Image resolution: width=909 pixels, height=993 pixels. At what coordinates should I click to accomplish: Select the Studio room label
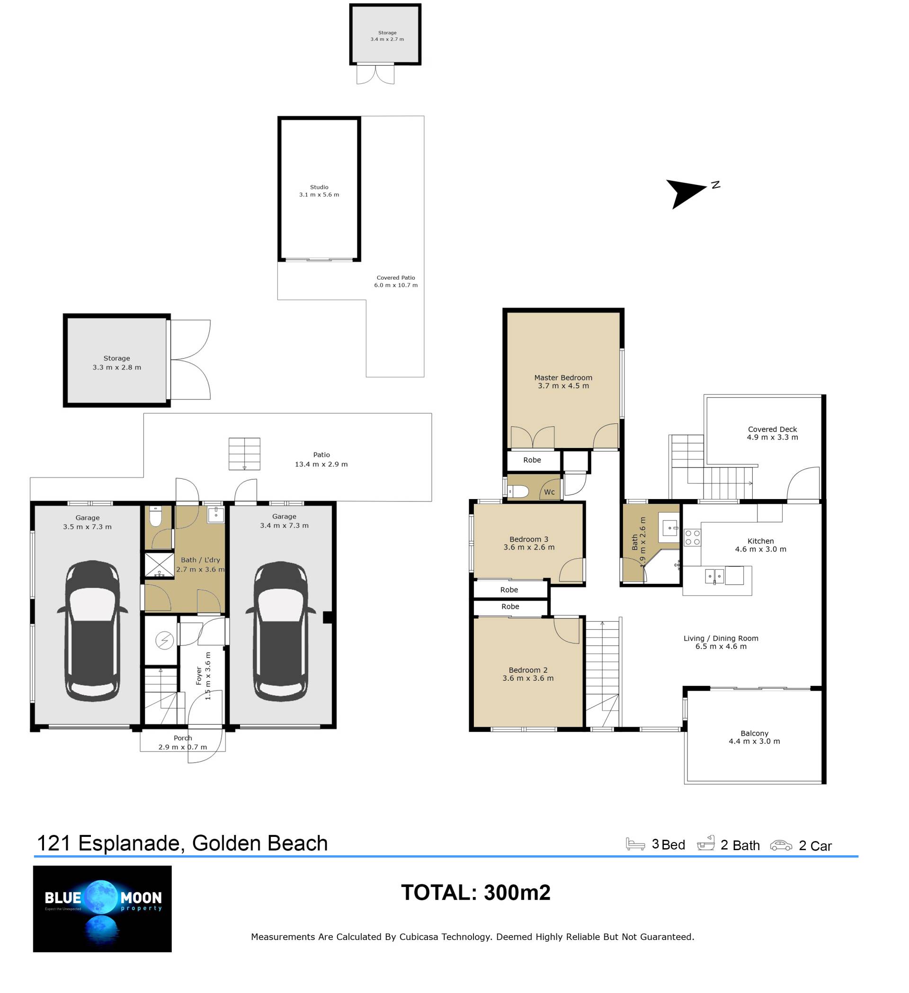pyautogui.click(x=319, y=187)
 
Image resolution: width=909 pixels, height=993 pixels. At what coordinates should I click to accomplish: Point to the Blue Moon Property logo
pyautogui.click(x=103, y=909)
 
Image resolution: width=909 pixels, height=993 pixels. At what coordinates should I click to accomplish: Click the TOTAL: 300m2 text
pyautogui.click(x=476, y=893)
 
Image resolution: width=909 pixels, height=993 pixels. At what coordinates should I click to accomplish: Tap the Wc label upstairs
pyautogui.click(x=549, y=492)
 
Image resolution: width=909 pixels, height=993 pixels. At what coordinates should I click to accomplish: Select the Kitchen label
pyautogui.click(x=760, y=541)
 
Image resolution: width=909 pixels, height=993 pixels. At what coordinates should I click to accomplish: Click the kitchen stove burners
pyautogui.click(x=692, y=537)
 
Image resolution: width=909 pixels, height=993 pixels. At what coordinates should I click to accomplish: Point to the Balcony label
pyautogui.click(x=754, y=733)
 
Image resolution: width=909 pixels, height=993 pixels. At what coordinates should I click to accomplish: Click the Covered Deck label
pyautogui.click(x=772, y=429)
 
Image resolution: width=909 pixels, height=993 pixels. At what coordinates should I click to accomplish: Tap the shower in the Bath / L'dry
pyautogui.click(x=159, y=565)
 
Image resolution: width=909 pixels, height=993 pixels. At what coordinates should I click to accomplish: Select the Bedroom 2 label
pyautogui.click(x=528, y=670)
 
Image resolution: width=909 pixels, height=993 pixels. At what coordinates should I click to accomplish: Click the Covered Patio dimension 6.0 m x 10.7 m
pyautogui.click(x=395, y=285)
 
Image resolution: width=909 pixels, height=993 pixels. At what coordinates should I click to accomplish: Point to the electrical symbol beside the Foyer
pyautogui.click(x=165, y=641)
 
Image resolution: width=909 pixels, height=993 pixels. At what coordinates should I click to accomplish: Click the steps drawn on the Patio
pyautogui.click(x=244, y=454)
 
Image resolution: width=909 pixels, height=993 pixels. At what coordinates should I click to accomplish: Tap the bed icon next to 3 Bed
pyautogui.click(x=635, y=844)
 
